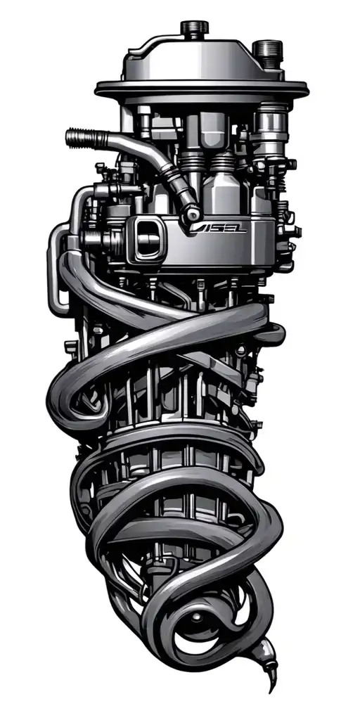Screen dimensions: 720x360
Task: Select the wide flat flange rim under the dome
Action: pos(201,91)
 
